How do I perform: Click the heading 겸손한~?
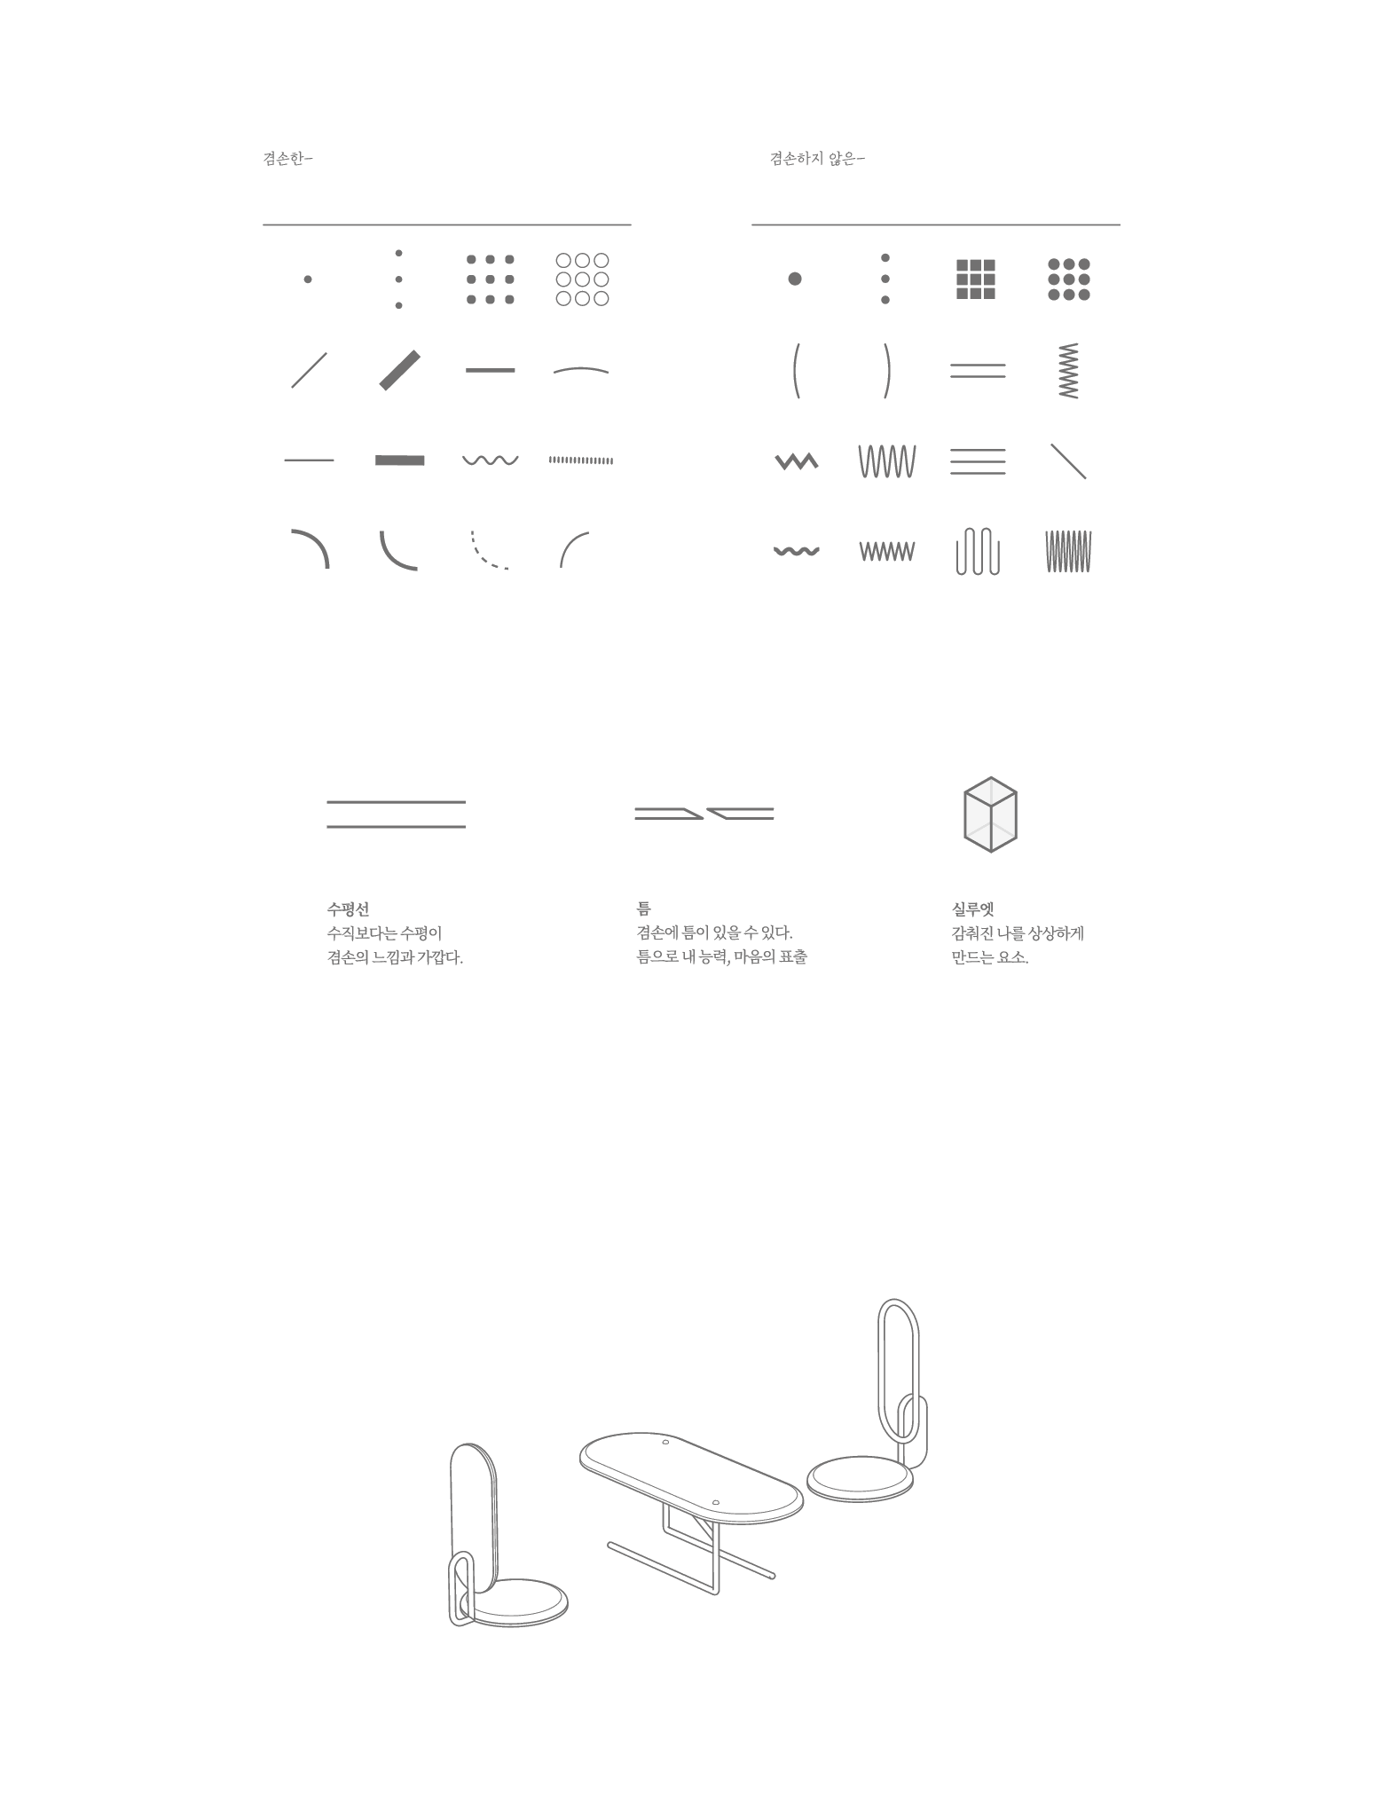click(287, 160)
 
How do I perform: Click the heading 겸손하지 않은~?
click(816, 160)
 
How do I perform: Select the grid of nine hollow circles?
click(582, 279)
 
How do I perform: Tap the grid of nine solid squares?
click(976, 279)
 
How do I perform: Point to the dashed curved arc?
click(489, 550)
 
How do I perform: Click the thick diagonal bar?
click(400, 370)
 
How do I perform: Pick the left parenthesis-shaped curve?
click(796, 370)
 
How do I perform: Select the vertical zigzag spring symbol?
click(1069, 370)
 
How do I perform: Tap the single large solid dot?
click(795, 279)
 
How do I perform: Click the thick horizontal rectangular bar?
click(400, 460)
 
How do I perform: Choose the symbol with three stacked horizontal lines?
click(978, 461)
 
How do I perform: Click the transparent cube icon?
click(990, 815)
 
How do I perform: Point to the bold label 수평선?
click(348, 909)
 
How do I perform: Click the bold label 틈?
click(643, 909)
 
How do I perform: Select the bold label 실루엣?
click(972, 909)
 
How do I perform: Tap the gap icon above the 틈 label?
click(704, 814)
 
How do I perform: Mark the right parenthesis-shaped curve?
click(886, 370)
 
